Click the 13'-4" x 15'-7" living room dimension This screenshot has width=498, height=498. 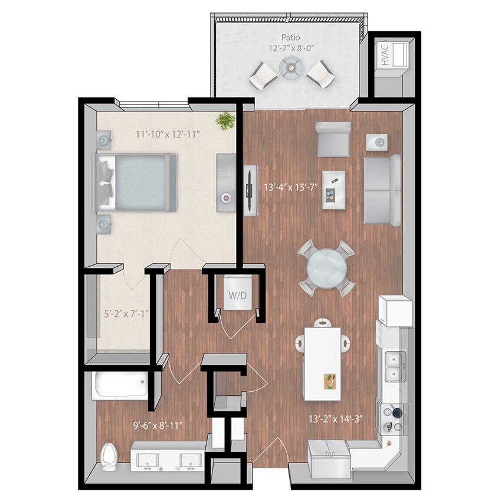click(x=290, y=189)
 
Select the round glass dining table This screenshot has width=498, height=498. click(x=326, y=268)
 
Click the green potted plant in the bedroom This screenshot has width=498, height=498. click(x=225, y=120)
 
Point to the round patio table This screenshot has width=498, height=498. click(x=290, y=68)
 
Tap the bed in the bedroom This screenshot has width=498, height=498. click(x=136, y=182)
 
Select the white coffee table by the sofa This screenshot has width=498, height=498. click(x=334, y=189)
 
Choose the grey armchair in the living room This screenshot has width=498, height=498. click(x=333, y=139)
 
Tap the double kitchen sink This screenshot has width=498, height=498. click(x=394, y=366)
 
